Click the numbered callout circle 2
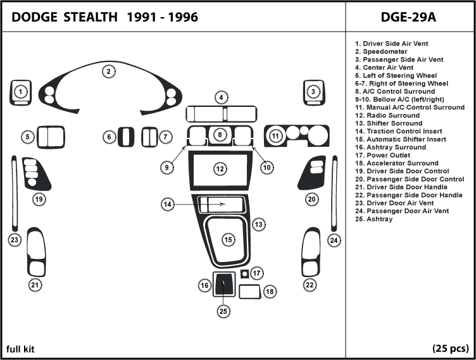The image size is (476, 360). (109, 71)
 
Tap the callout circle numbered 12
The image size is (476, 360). (220, 169)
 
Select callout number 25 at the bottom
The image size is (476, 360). (223, 311)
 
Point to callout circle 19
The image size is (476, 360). (39, 199)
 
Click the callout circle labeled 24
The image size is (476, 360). (334, 240)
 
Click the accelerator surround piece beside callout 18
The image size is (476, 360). (249, 291)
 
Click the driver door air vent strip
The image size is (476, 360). (14, 193)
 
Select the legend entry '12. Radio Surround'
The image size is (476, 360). (387, 115)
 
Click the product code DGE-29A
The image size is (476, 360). (409, 17)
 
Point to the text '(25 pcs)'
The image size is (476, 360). (450, 349)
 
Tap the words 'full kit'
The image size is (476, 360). (21, 349)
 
